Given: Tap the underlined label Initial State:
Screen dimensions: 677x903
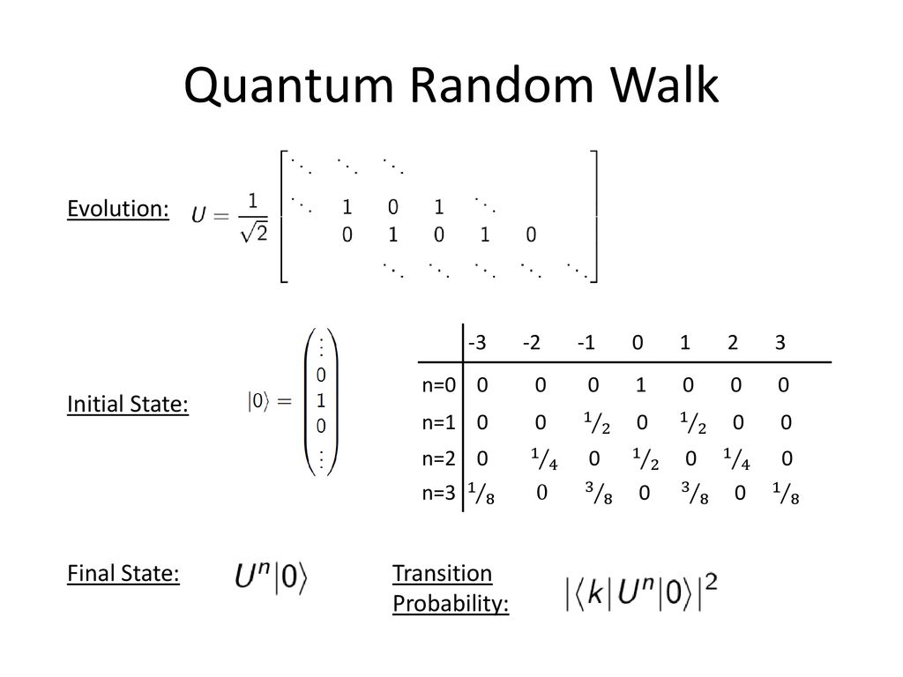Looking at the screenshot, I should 129,405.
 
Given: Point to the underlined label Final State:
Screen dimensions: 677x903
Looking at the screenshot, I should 123,574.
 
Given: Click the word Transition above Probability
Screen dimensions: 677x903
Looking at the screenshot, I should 442,574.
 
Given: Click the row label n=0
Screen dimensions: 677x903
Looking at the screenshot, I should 438,385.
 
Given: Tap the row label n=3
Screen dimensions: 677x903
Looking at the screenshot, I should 438,494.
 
